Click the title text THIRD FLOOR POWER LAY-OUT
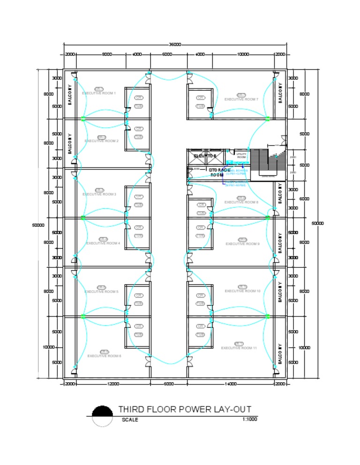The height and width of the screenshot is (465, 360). click(x=185, y=409)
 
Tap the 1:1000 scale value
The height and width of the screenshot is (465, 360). click(x=250, y=419)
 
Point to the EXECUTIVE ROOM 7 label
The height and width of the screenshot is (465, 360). click(x=241, y=99)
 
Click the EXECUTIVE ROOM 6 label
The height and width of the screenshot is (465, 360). click(x=104, y=356)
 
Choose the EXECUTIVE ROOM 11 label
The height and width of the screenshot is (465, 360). click(x=239, y=348)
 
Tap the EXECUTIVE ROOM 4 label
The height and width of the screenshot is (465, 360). click(x=103, y=243)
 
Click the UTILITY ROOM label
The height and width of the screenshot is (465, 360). click(x=241, y=156)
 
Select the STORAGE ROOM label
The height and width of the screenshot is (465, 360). click(x=217, y=172)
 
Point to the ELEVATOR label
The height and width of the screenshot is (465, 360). click(x=205, y=155)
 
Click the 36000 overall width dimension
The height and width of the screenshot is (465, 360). click(x=174, y=44)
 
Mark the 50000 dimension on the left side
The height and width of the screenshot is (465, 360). click(x=38, y=225)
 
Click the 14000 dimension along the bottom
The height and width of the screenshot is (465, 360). click(x=231, y=384)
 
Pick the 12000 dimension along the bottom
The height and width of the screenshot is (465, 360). click(x=113, y=384)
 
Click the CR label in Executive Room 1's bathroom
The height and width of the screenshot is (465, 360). click(x=139, y=98)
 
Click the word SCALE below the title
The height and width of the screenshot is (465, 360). click(x=130, y=420)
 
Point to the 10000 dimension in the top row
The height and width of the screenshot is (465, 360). click(x=243, y=54)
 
